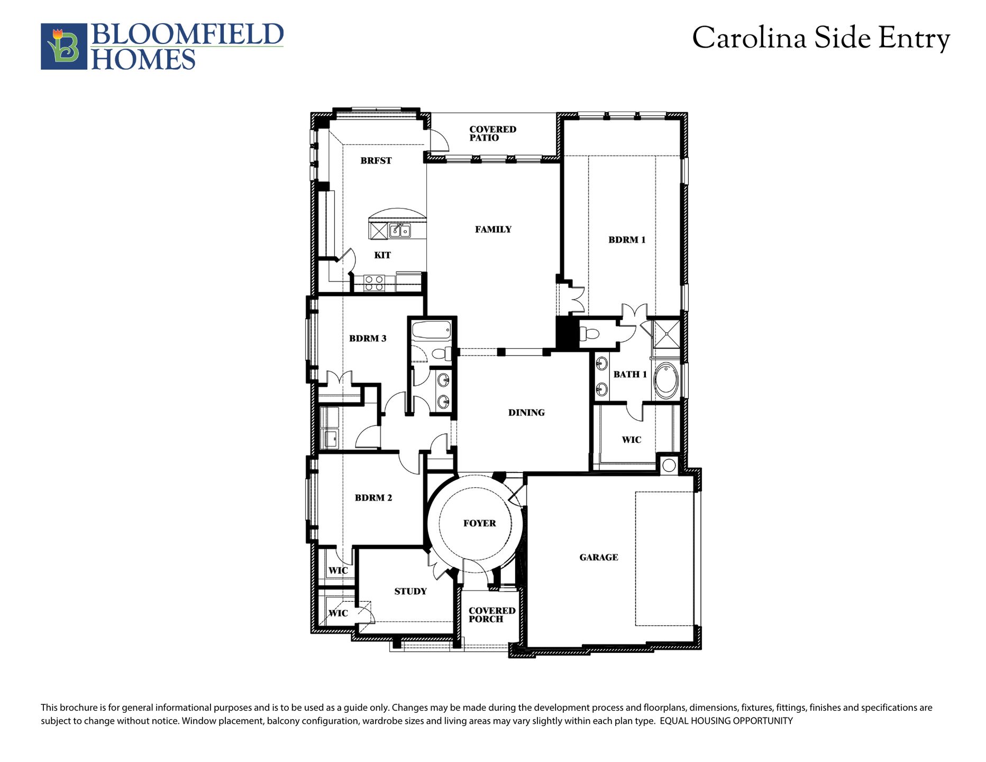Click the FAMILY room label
click(x=493, y=229)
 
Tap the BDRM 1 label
click(x=627, y=240)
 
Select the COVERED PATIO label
click(x=492, y=133)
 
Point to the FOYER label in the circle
click(x=479, y=523)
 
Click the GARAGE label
click(x=598, y=557)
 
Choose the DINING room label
click(x=526, y=413)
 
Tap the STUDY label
click(x=410, y=591)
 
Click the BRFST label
click(x=376, y=160)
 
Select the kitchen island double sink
click(x=400, y=230)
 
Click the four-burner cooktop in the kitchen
click(x=374, y=283)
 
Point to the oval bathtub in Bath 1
click(x=667, y=380)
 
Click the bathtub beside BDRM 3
click(x=431, y=331)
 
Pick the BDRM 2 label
click(x=373, y=497)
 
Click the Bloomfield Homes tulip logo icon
click(x=64, y=47)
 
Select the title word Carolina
click(x=749, y=39)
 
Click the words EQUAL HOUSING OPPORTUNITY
click(x=726, y=721)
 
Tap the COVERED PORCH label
click(x=491, y=615)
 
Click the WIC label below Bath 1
click(x=631, y=440)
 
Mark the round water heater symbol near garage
click(x=669, y=465)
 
